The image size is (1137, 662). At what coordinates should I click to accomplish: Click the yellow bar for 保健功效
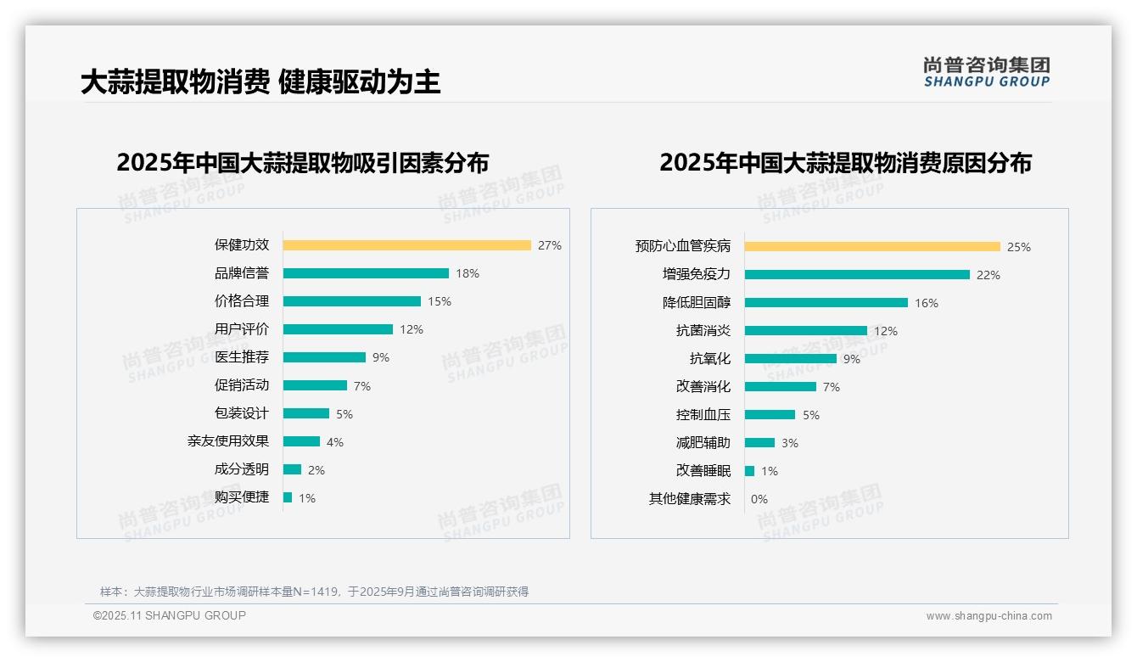[x=406, y=245]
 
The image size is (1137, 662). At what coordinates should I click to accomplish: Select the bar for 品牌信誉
[x=366, y=273]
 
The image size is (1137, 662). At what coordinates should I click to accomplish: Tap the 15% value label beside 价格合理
[x=440, y=301]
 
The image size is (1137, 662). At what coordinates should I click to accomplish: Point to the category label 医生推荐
[x=241, y=357]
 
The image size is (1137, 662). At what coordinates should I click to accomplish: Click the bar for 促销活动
[x=315, y=385]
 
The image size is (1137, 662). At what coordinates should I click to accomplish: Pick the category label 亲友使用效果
[x=227, y=441]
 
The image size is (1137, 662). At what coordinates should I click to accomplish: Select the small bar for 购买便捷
[x=288, y=497]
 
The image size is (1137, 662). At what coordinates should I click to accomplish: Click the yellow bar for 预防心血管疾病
[x=872, y=247]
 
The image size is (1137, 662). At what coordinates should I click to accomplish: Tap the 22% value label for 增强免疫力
[x=989, y=275]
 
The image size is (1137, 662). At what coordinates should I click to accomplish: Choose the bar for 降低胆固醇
[x=826, y=303]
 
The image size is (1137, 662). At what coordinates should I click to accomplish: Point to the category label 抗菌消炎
[x=703, y=331]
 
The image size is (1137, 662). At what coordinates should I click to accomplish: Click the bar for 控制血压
[x=770, y=415]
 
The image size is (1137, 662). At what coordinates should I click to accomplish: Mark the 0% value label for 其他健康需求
[x=759, y=499]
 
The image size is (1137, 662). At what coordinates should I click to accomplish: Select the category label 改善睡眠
[x=703, y=471]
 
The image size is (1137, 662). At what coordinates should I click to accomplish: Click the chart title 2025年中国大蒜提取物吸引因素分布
[x=302, y=163]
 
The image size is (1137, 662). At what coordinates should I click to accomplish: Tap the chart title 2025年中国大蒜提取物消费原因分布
[x=845, y=163]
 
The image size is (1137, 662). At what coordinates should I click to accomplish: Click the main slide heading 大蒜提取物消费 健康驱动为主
[x=260, y=82]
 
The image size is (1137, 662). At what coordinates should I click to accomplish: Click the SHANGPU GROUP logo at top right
[x=986, y=72]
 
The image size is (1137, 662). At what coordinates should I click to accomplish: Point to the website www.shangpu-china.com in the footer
[x=989, y=616]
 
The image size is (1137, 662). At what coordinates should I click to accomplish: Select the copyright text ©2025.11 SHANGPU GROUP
[x=170, y=615]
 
